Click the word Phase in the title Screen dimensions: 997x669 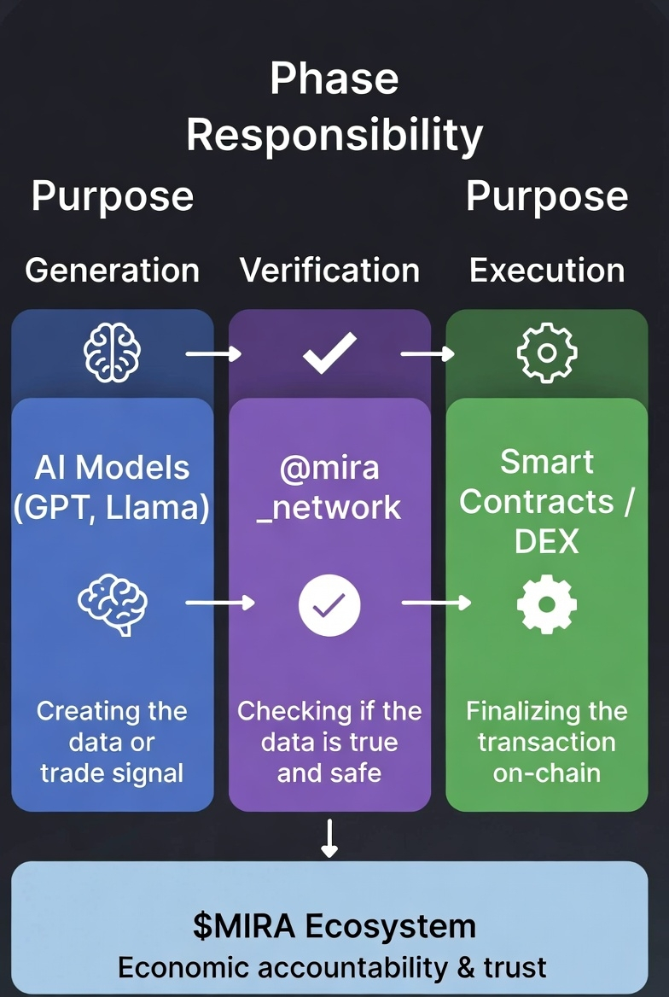coord(334,79)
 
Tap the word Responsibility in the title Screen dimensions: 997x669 coord(334,135)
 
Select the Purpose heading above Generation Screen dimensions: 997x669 coord(112,196)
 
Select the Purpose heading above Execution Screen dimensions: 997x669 coord(547,196)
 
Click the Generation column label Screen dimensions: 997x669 coord(112,271)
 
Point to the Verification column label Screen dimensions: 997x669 coord(329,271)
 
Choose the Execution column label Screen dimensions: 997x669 coord(547,271)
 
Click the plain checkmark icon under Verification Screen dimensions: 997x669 coord(329,353)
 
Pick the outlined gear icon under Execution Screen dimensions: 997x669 coord(548,353)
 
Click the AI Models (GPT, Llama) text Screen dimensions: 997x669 coord(112,487)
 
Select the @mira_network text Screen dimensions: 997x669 coord(329,487)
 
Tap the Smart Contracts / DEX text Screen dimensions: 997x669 coord(547,501)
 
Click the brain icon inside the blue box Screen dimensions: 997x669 coord(112,604)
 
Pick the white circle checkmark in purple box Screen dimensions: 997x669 coord(329,604)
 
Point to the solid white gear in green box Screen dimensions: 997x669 coord(548,604)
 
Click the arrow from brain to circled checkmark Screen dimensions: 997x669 coord(219,603)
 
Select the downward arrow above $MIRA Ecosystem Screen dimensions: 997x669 coord(329,839)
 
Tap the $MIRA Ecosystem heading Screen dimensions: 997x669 coord(334,926)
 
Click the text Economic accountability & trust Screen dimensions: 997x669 coord(332,967)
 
